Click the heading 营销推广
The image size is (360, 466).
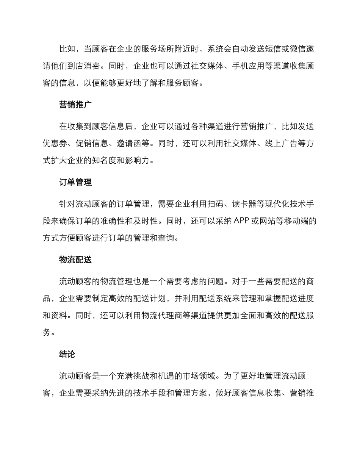tap(75, 105)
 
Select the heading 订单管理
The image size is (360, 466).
tap(75, 182)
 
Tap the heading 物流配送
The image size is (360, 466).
tap(75, 260)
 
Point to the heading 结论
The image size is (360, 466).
tap(67, 354)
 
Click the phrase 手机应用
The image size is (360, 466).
tap(273, 66)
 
